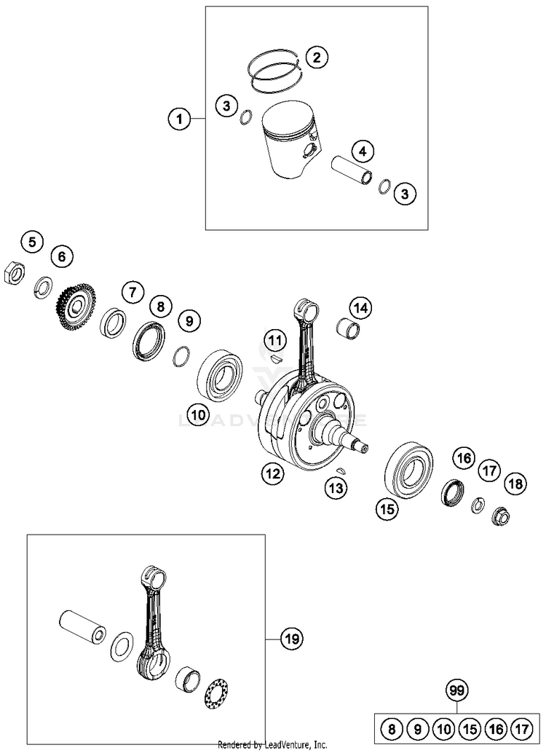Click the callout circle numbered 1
tap(178, 118)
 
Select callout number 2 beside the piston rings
tap(316, 57)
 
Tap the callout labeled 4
tap(361, 151)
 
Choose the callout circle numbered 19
tap(291, 639)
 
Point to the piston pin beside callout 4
tap(352, 173)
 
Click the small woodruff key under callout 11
tap(274, 358)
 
